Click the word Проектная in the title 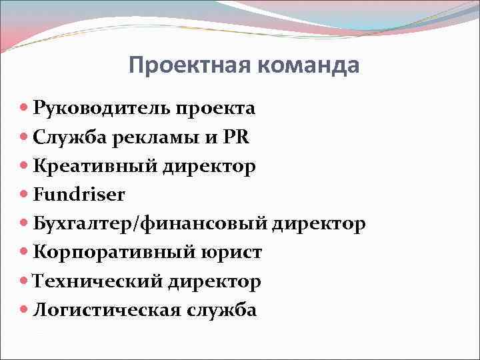[187, 66]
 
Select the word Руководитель [102, 107]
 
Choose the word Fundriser [79, 194]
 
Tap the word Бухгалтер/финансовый [149, 223]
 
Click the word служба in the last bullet [221, 309]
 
